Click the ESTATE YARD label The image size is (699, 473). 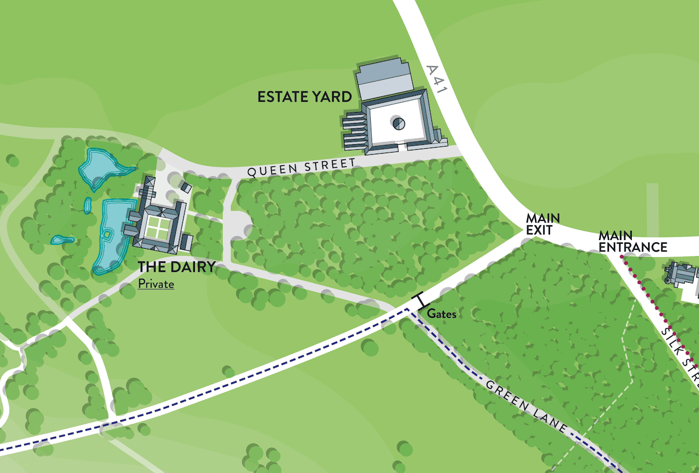tap(304, 97)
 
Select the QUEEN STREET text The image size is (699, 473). tap(301, 167)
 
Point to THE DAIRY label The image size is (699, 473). tap(176, 267)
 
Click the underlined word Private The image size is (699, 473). tap(156, 284)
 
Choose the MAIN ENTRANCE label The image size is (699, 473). tap(632, 242)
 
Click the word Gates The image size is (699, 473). tap(441, 314)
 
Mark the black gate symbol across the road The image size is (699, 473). tap(420, 300)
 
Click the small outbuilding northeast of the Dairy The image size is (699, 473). tap(186, 187)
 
